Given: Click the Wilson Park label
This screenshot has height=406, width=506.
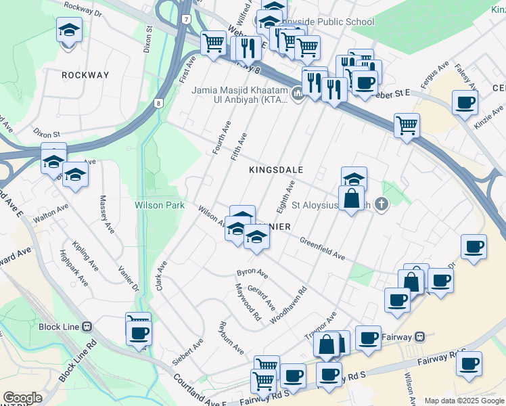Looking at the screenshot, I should coord(160,204).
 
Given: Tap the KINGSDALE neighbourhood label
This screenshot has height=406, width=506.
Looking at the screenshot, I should coord(275,170).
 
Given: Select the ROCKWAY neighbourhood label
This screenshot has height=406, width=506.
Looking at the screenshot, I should coord(85,75).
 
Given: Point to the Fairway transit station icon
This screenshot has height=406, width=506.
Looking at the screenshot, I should coord(420,336).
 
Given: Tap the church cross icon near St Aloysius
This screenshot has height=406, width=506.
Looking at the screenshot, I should coord(382,204).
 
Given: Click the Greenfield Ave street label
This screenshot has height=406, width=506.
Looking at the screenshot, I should coord(323,248).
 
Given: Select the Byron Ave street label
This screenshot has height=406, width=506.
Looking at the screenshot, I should coord(252,274).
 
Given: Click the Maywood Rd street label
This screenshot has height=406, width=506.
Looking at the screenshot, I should coord(248,302).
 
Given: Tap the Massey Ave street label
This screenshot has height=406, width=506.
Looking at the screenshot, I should coord(107,215).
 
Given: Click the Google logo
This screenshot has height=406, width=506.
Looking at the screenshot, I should coord(22,398).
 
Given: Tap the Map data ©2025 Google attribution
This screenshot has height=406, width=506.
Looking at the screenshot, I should coord(464,401).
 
